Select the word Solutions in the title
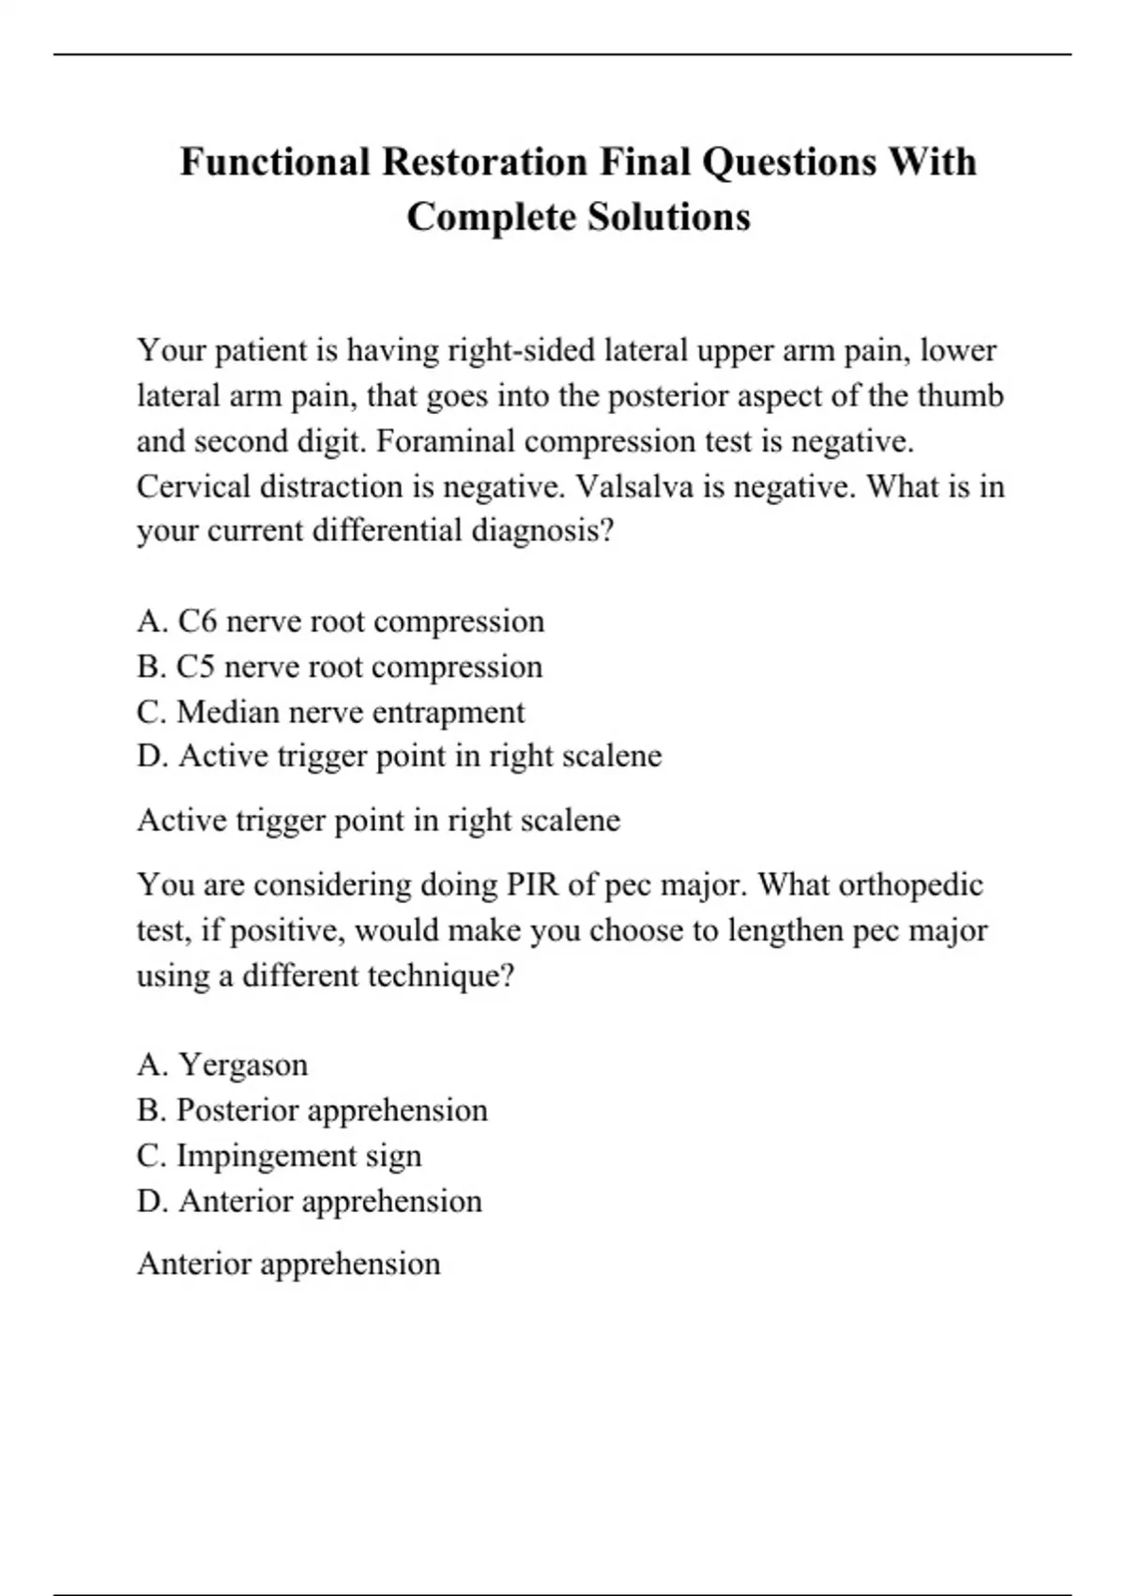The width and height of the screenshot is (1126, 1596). click(x=669, y=217)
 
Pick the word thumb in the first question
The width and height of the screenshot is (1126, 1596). click(x=960, y=395)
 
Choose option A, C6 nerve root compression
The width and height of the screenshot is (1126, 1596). click(x=341, y=622)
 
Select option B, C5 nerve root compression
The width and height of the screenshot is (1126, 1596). click(x=340, y=667)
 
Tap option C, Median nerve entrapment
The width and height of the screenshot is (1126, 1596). click(x=330, y=713)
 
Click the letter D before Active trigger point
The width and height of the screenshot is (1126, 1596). click(x=151, y=756)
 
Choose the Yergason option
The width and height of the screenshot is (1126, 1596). click(x=222, y=1066)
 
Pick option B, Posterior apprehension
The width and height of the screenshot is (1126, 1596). click(x=312, y=1111)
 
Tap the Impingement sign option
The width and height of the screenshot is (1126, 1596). click(x=279, y=1156)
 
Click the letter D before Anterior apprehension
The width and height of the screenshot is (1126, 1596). click(x=151, y=1202)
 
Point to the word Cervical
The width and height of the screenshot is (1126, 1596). click(x=192, y=486)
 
